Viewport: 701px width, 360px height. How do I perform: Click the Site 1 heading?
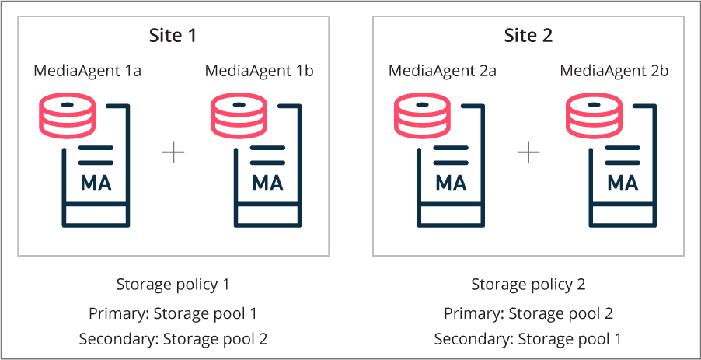pos(173,36)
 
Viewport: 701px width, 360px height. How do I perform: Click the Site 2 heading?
pos(528,36)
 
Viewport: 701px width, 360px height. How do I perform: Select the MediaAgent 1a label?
pos(87,72)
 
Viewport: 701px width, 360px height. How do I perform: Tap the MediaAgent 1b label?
pos(259,72)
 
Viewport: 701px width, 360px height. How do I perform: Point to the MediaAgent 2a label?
pos(442,72)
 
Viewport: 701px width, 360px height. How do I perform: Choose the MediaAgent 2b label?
pos(614,72)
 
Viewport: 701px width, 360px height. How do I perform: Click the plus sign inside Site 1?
pos(173,152)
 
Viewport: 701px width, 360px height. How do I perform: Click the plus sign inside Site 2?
pos(528,152)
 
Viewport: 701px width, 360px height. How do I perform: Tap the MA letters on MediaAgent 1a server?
pos(96,184)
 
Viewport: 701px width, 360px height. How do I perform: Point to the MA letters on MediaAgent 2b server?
pos(623,184)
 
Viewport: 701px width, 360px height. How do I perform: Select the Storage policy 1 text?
pos(173,285)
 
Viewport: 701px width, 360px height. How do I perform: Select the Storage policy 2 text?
pos(528,285)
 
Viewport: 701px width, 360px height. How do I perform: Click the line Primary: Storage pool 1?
pos(173,313)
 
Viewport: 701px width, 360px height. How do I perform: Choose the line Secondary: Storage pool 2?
pos(173,339)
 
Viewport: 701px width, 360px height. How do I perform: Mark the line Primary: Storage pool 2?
pos(528,313)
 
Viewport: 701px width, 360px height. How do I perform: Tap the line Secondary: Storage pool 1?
pos(528,339)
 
